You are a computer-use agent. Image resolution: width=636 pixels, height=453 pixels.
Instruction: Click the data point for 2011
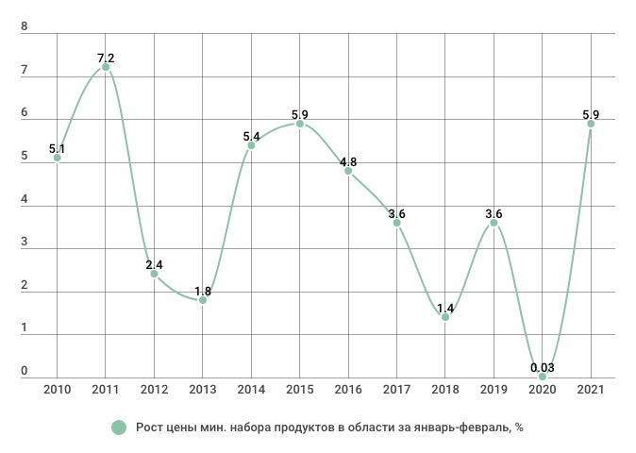point(106,67)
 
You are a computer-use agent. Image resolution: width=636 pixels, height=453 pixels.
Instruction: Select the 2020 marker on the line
point(542,377)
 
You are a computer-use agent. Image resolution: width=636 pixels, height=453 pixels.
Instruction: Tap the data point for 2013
point(202,300)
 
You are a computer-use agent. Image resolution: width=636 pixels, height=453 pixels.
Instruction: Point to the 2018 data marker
point(445,317)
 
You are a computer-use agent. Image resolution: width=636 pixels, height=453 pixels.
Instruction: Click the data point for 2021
point(591,124)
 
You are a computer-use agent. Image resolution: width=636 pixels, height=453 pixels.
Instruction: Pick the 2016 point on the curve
point(348,171)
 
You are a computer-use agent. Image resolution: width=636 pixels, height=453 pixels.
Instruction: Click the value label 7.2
point(106,59)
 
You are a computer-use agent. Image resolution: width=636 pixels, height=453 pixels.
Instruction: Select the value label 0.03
point(542,367)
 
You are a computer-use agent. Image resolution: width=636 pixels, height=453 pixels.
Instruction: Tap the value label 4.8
point(348,161)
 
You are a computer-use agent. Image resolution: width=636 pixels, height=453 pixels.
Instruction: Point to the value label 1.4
point(445,308)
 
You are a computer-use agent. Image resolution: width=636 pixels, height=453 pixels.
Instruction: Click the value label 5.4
point(251,136)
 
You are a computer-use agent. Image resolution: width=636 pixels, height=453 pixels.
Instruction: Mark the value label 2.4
point(154,265)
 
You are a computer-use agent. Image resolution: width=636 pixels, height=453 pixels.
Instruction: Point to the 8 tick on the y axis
point(25,29)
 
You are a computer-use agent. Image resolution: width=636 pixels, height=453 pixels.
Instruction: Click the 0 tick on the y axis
point(25,372)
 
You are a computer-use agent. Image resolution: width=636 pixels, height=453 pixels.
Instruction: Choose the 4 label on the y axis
point(25,201)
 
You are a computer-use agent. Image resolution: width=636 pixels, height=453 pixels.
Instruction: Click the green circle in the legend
point(119,428)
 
